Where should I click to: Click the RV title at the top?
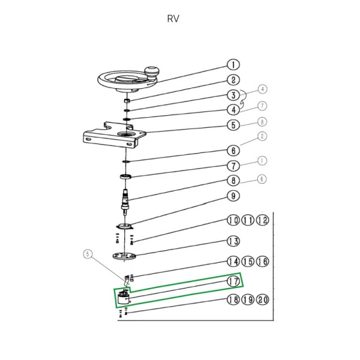coord(173,18)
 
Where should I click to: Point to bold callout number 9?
coord(232,196)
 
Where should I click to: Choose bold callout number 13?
coord(232,241)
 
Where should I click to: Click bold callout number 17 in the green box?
coord(233,281)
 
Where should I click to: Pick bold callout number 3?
coord(232,95)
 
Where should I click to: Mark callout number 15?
coord(247,262)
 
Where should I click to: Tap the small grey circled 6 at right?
coord(261,179)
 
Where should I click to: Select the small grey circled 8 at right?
coord(261,122)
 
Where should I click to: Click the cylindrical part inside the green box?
coord(124,299)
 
